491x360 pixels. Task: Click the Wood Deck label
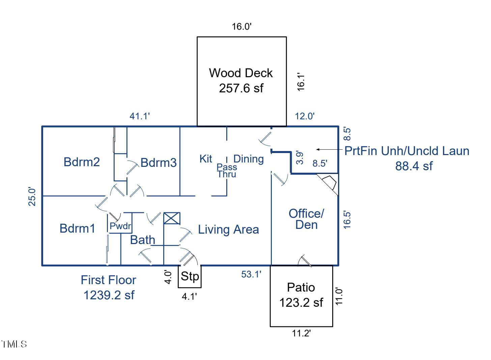point(241,73)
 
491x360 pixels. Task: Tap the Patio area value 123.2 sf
point(301,302)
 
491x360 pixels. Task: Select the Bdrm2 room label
point(82,162)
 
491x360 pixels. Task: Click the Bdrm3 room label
point(158,163)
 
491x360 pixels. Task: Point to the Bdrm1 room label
point(77,228)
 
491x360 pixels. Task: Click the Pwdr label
point(120,226)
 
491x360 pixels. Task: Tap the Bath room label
point(143,240)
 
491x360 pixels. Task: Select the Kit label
point(206,159)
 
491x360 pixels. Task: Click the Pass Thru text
point(227,171)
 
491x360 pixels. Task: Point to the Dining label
point(249,159)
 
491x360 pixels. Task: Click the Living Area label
point(228,230)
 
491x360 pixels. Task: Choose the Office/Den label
point(306,219)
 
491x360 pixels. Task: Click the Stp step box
point(190,276)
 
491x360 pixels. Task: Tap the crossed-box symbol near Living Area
point(172,218)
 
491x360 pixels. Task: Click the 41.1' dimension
point(140,116)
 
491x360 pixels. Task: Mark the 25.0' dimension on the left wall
point(32,196)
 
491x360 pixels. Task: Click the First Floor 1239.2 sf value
point(109,295)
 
